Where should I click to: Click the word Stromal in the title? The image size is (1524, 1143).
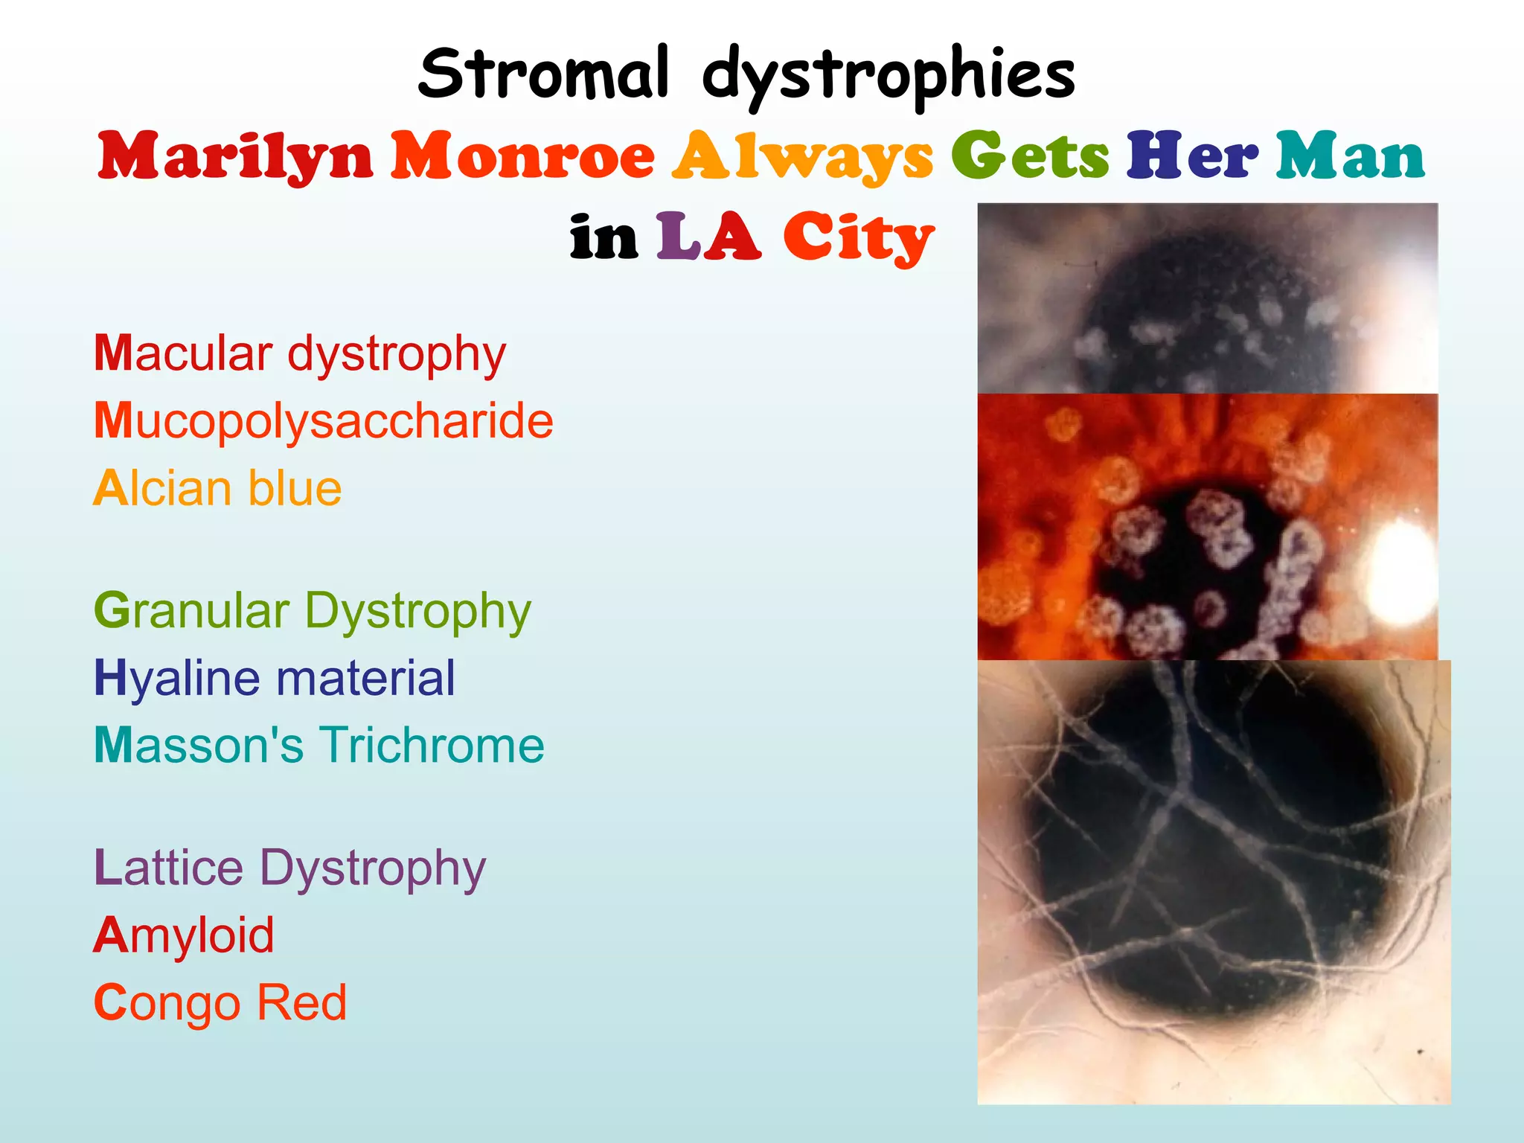(x=543, y=73)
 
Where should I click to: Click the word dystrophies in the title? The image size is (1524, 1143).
(x=889, y=74)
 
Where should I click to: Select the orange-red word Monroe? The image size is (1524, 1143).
(x=523, y=156)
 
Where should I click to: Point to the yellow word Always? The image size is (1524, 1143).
(x=802, y=156)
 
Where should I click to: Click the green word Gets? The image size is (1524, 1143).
(x=1030, y=156)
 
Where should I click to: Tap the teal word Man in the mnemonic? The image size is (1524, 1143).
(x=1351, y=156)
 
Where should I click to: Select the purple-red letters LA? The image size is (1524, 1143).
(x=708, y=237)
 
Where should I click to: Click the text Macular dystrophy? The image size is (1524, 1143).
(x=300, y=353)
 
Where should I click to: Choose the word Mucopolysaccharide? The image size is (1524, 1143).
(x=324, y=421)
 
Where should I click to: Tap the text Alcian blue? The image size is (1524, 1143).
(x=217, y=489)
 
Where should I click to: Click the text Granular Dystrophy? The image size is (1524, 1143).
(x=313, y=611)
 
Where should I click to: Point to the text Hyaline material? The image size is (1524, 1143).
(x=274, y=678)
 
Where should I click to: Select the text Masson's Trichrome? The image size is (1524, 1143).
(x=319, y=745)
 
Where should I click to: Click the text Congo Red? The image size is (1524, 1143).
(x=220, y=1002)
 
